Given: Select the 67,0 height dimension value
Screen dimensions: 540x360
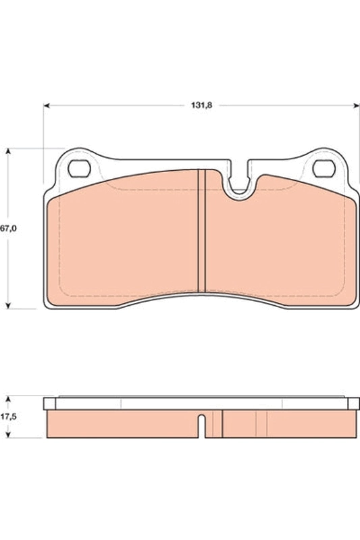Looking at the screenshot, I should click(x=7, y=229).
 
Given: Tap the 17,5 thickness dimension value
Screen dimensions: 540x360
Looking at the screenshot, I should click(x=8, y=417).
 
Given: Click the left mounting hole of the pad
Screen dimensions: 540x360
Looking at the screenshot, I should click(x=81, y=167).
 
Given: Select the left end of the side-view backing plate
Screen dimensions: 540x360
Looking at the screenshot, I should click(x=49, y=404).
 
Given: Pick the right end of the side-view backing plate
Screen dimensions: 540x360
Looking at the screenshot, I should click(x=355, y=404).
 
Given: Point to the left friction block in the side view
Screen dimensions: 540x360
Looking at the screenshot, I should click(x=122, y=423).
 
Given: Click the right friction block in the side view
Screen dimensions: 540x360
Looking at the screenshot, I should click(x=284, y=423).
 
